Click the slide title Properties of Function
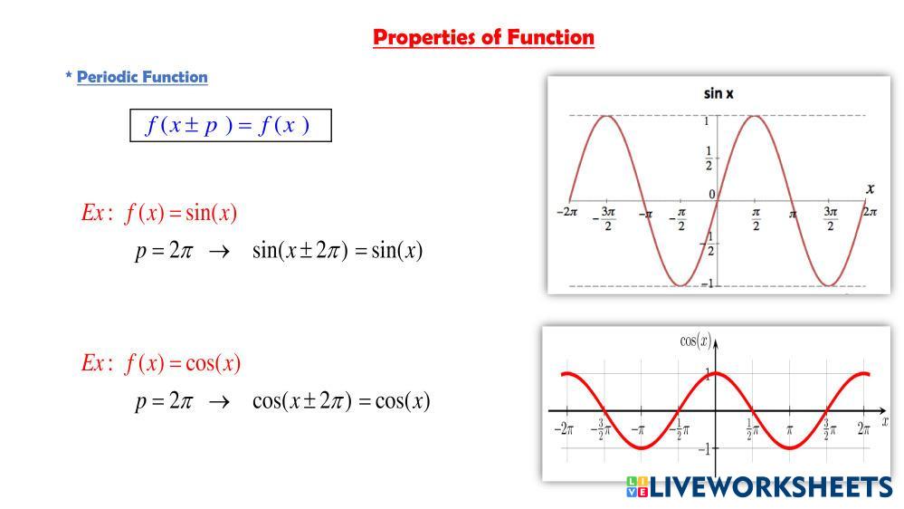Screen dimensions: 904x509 click(483, 37)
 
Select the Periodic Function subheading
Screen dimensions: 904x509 click(142, 77)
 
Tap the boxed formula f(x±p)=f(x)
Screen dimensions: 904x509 click(231, 125)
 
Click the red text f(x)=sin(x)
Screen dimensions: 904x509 click(180, 213)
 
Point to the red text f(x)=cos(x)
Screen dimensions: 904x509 click(182, 363)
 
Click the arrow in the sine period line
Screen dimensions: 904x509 click(219, 252)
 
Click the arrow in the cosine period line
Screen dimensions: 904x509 click(219, 401)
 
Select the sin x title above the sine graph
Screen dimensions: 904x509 click(718, 93)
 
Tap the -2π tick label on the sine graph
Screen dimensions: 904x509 click(566, 212)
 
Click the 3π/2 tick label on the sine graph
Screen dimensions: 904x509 click(830, 218)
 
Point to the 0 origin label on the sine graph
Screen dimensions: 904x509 click(712, 195)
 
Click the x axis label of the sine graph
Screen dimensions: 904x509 click(870, 188)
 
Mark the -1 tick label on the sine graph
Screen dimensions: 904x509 click(708, 283)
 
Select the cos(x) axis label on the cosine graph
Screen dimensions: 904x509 click(696, 341)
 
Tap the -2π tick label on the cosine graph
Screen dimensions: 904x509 click(564, 428)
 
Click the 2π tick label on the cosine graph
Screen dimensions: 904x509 click(863, 428)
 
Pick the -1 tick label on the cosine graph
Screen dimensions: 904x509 click(705, 449)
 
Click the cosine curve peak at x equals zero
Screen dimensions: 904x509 click(716, 373)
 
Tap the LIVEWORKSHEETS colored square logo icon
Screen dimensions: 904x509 click(637, 486)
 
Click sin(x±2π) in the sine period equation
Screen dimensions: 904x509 click(300, 251)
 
